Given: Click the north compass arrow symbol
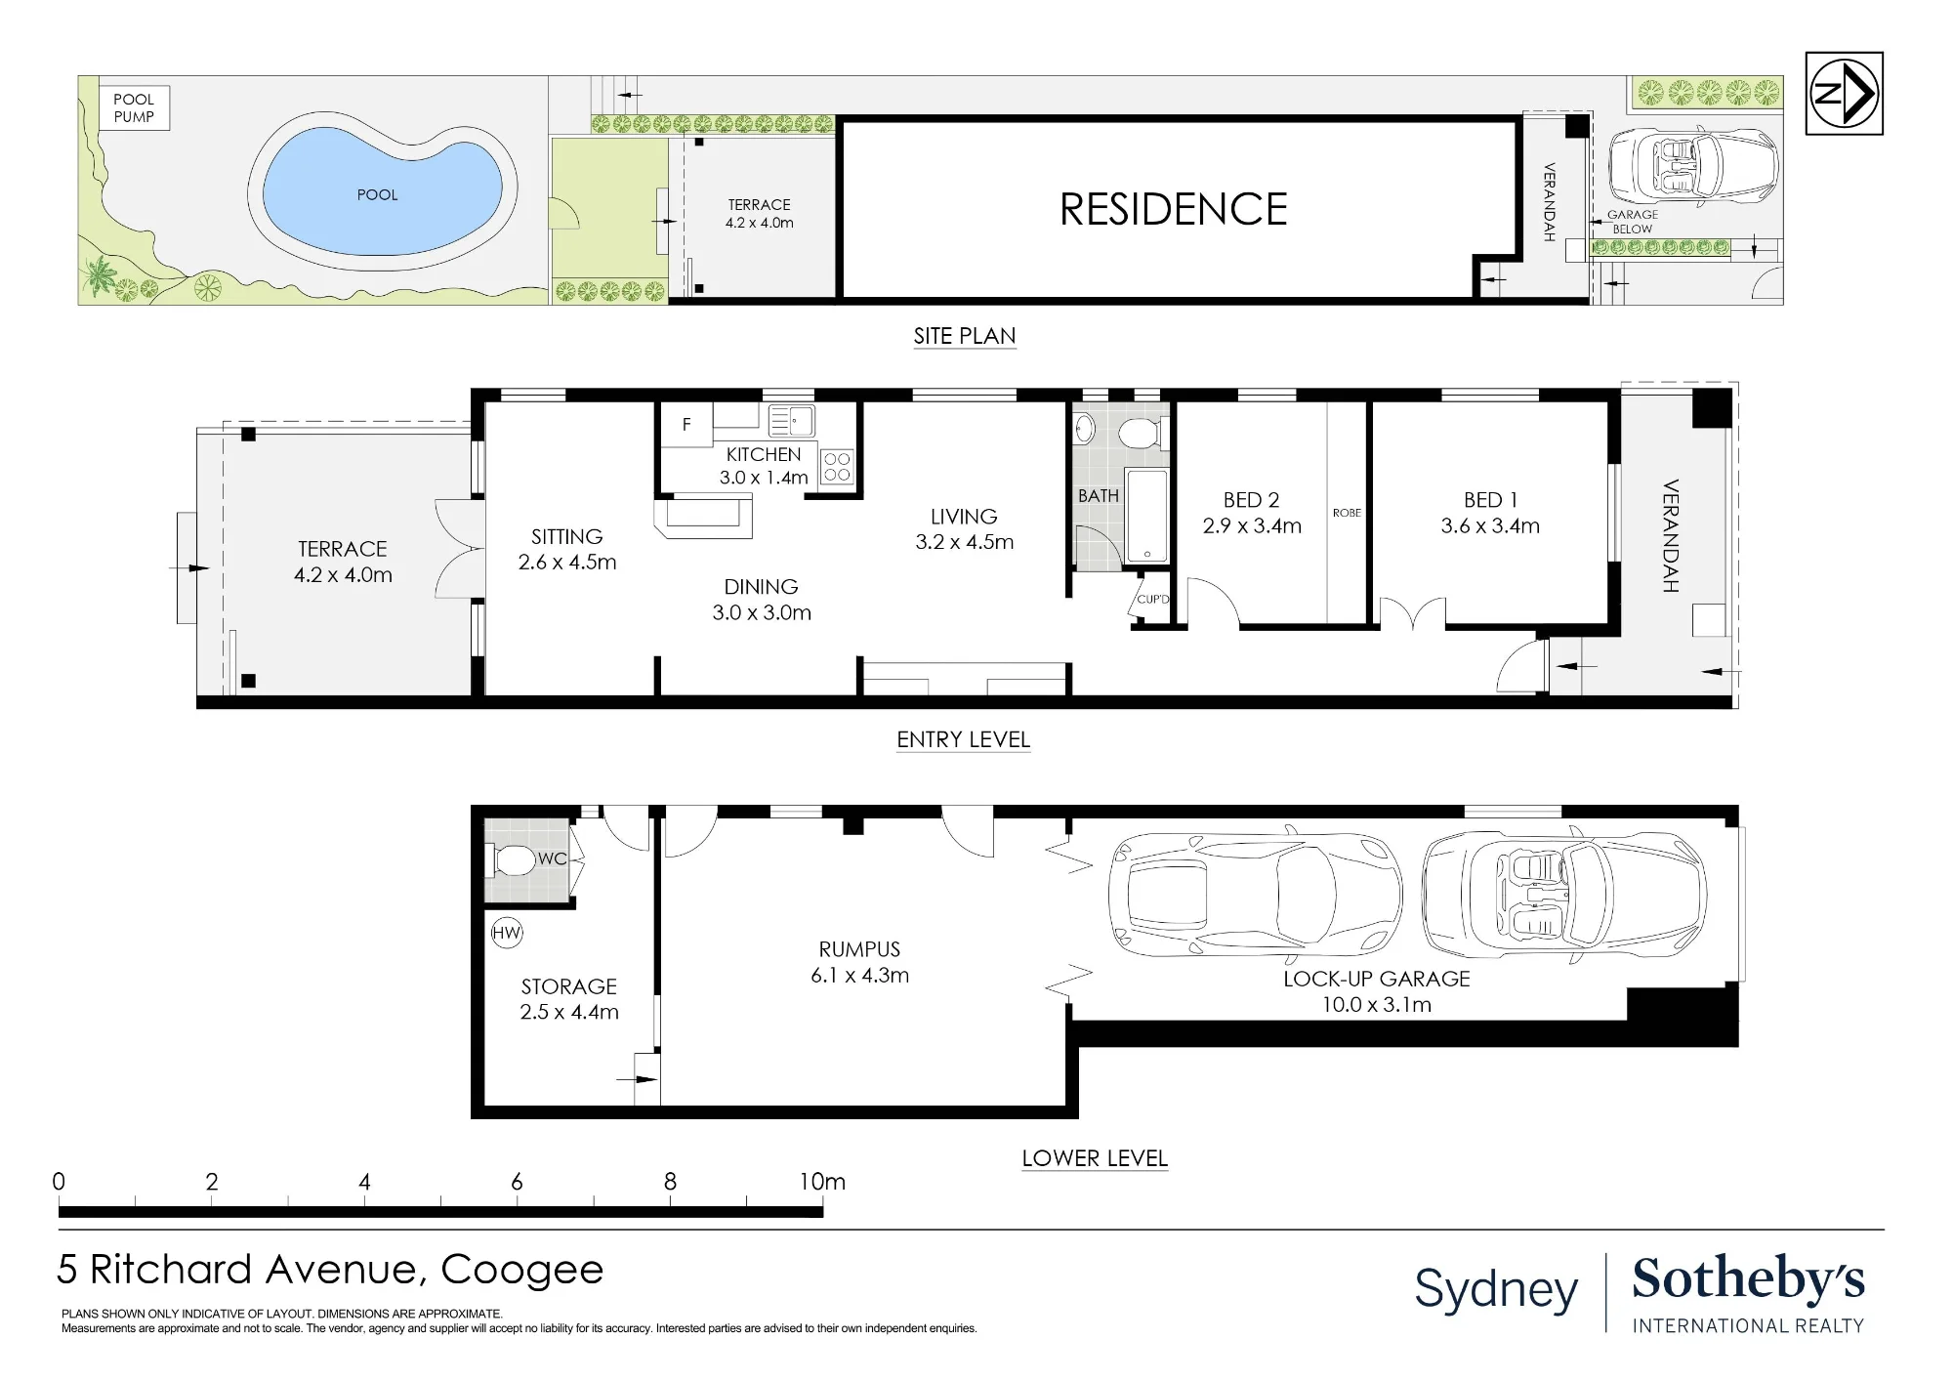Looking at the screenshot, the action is pyautogui.click(x=1844, y=94).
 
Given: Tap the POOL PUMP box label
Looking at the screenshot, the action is pyautogui.click(x=134, y=107).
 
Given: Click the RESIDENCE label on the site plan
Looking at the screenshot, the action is pyautogui.click(x=1173, y=209).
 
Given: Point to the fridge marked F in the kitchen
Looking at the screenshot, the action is pyautogui.click(x=686, y=425).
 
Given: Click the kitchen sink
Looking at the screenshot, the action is pyautogui.click(x=792, y=421).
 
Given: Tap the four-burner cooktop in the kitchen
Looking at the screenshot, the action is pyautogui.click(x=837, y=467).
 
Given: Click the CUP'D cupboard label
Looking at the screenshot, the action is pyautogui.click(x=1152, y=599).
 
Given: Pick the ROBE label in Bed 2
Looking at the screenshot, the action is pyautogui.click(x=1347, y=513).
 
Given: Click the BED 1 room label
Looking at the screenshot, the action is pyautogui.click(x=1490, y=500).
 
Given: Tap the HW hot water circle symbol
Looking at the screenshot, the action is pyautogui.click(x=506, y=933).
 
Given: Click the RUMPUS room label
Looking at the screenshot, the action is pyautogui.click(x=859, y=949).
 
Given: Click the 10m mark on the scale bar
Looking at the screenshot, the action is pyautogui.click(x=822, y=1182).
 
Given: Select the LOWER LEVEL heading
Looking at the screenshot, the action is pyautogui.click(x=1095, y=1158).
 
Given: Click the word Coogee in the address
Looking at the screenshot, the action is pyautogui.click(x=522, y=1270).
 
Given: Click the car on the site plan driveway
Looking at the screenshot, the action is pyautogui.click(x=1693, y=165).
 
